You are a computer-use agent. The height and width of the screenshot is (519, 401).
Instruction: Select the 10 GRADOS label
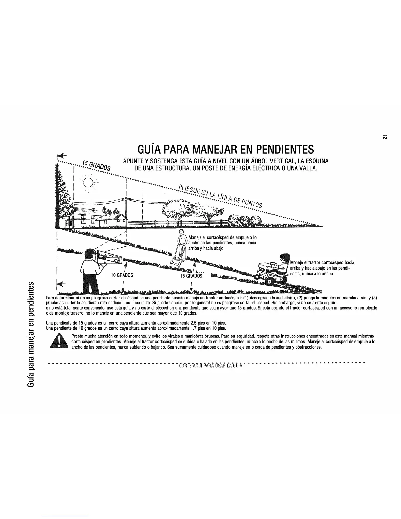point(122,275)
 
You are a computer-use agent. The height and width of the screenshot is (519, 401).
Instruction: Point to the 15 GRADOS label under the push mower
point(191,276)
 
